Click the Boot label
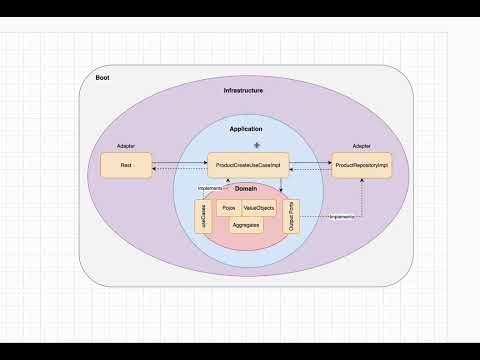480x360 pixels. pos(103,78)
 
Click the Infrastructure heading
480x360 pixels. pos(243,91)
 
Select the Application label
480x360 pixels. pos(246,130)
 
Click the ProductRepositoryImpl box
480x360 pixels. pos(362,163)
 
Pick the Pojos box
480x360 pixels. pos(228,208)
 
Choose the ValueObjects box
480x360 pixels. pos(258,208)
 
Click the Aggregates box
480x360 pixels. pos(245,226)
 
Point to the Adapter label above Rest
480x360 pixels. pos(126,145)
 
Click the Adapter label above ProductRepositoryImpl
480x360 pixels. pos(361,145)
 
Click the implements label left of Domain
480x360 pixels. pos(209,188)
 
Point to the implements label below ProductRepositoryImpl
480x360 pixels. pos(341,216)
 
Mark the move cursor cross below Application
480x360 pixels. pos(256,146)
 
